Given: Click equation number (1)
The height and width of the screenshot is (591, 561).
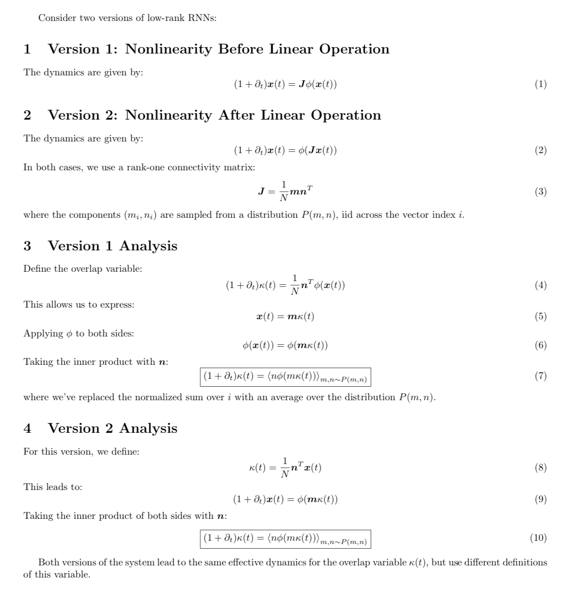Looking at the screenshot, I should (x=540, y=84).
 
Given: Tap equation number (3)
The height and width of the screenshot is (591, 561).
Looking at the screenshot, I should (x=540, y=192).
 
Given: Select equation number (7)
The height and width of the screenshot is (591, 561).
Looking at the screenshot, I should (x=540, y=376).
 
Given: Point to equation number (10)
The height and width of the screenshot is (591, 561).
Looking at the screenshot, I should (x=538, y=538).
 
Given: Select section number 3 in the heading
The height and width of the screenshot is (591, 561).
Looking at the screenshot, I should (x=27, y=246).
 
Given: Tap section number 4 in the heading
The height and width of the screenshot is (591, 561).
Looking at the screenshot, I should (x=27, y=428).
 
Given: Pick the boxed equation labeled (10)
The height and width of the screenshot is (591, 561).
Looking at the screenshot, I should (x=285, y=539).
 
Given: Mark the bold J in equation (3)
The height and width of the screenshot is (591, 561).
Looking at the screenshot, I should (x=261, y=191).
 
